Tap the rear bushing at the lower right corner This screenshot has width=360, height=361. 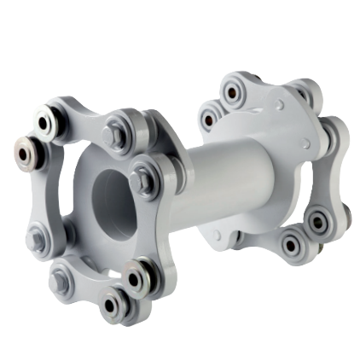(x=320, y=223)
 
